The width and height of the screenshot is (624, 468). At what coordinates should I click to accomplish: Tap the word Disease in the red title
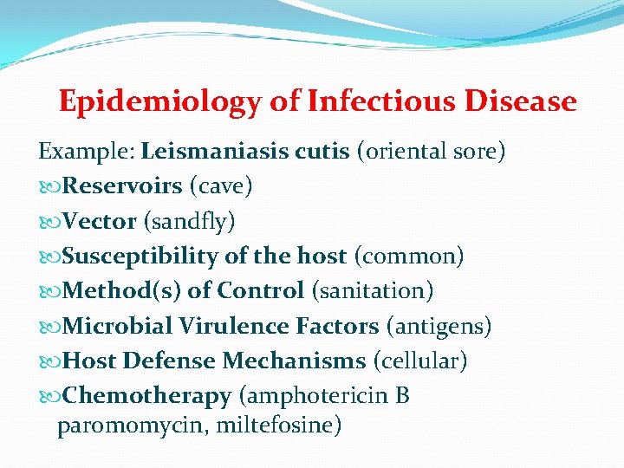pos(520,102)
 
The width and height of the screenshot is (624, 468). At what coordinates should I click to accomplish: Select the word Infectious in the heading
pos(380,102)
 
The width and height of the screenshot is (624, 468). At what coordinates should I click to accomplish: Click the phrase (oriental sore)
pos(430,152)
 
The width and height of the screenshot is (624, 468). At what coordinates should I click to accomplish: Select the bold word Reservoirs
pos(122,186)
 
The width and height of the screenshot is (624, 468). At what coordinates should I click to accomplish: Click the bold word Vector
pos(100,222)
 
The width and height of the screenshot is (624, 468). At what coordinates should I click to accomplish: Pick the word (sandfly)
pos(189,222)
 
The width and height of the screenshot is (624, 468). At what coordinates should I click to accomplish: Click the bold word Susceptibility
pos(141,257)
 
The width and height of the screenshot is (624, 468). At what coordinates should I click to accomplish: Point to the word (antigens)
pos(439,327)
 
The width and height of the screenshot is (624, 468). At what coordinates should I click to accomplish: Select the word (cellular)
pos(420,361)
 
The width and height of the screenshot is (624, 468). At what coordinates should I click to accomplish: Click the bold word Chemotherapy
pos(146,396)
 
